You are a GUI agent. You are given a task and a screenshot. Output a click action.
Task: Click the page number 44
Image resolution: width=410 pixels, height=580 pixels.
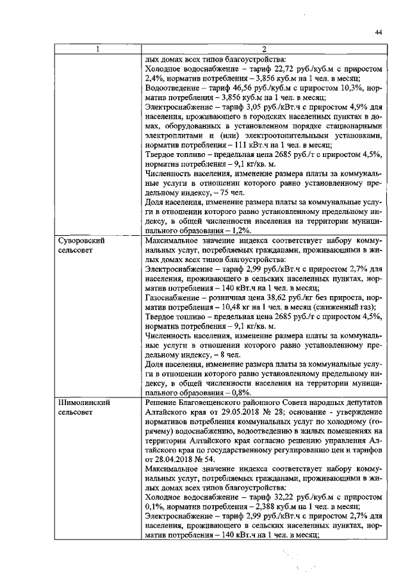coord(379,33)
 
